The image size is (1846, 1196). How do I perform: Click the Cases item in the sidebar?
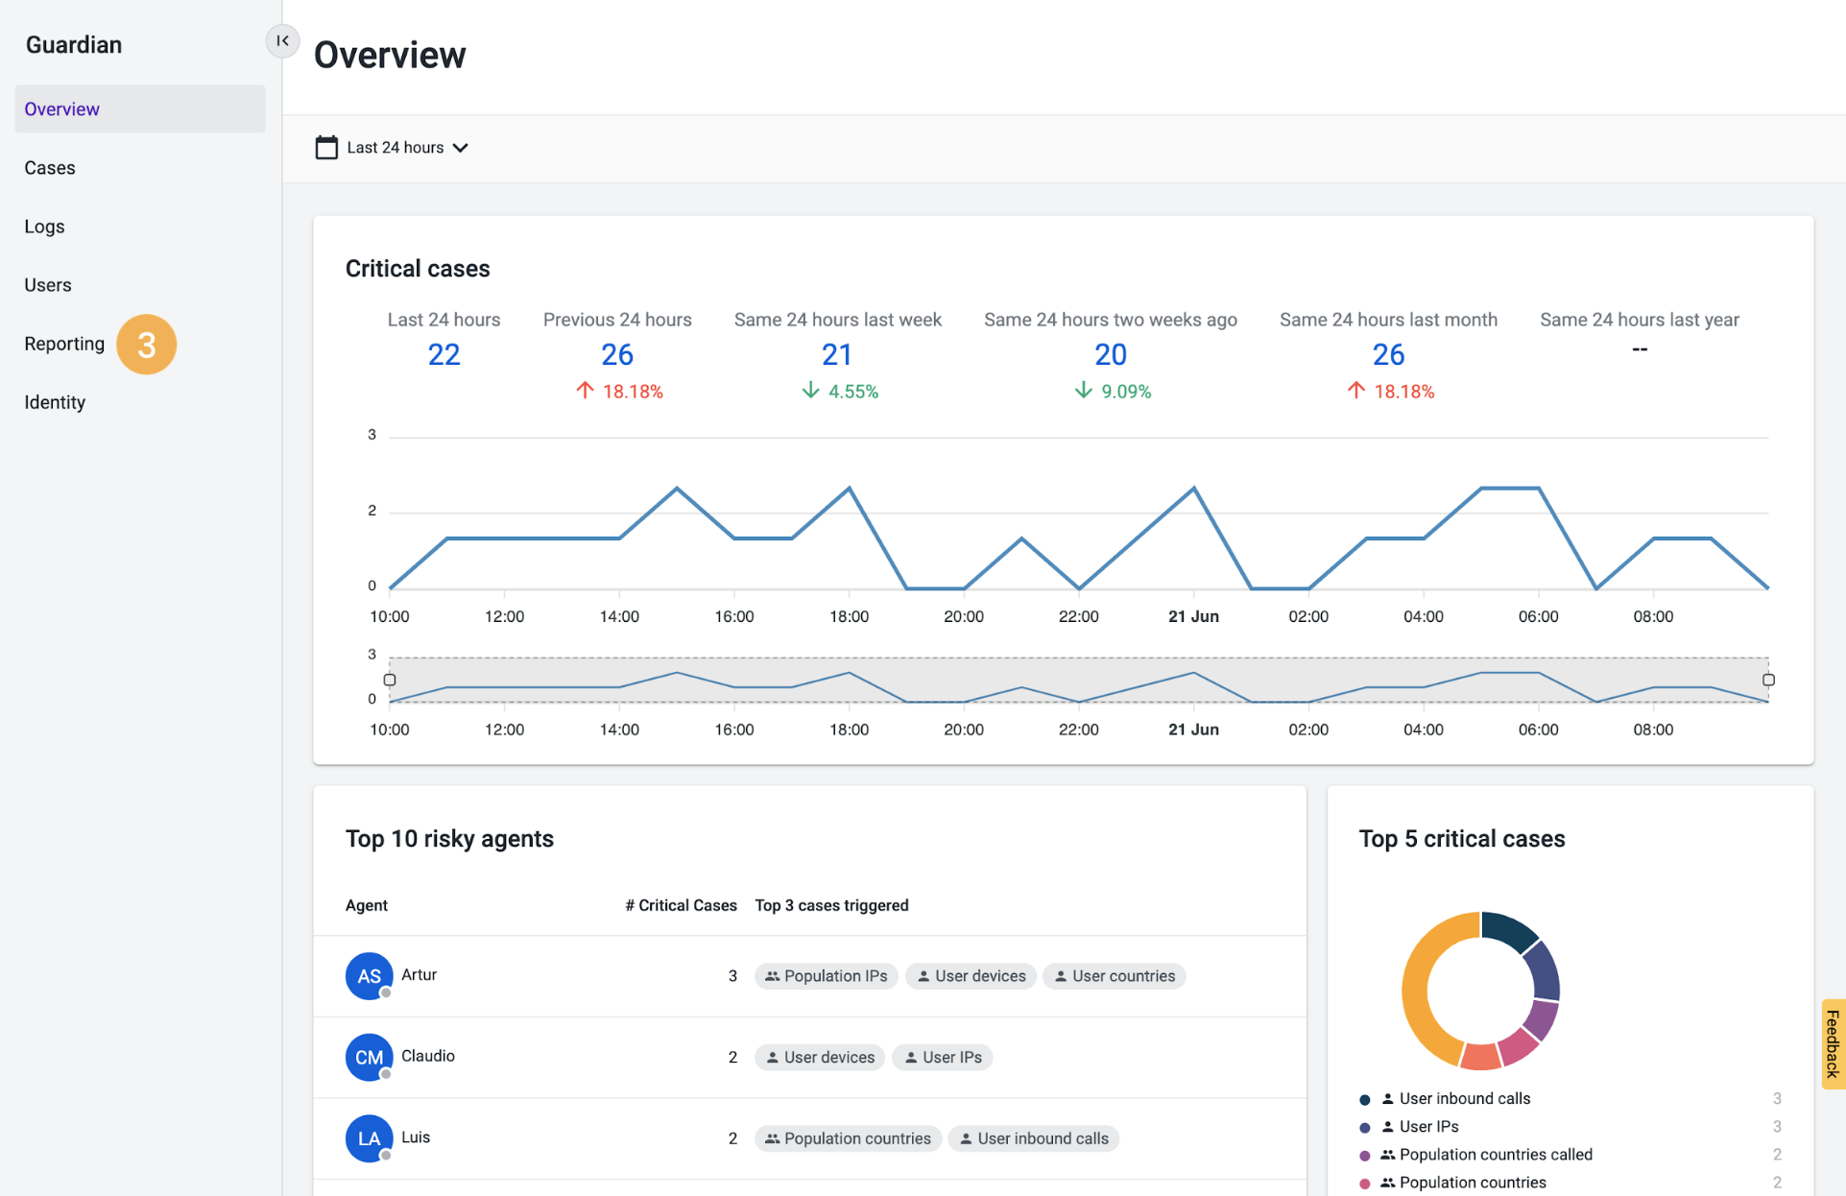pyautogui.click(x=50, y=168)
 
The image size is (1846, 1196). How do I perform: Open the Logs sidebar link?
pyautogui.click(x=44, y=227)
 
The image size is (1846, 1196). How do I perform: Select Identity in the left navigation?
pyautogui.click(x=55, y=402)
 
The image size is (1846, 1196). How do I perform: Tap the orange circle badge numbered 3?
pyautogui.click(x=146, y=345)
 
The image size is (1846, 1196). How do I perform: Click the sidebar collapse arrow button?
pyautogui.click(x=282, y=40)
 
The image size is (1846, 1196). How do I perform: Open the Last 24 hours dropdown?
pyautogui.click(x=407, y=148)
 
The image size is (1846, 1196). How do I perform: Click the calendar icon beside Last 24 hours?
pyautogui.click(x=326, y=148)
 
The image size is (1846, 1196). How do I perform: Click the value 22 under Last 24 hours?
pyautogui.click(x=444, y=355)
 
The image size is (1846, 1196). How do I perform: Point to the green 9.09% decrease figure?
pyautogui.click(x=1113, y=392)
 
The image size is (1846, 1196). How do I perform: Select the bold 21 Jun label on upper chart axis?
pyautogui.click(x=1193, y=616)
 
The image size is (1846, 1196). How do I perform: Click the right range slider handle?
pyautogui.click(x=1768, y=680)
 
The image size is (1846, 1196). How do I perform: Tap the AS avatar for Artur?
pyautogui.click(x=369, y=976)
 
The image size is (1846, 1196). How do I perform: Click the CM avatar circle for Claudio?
pyautogui.click(x=369, y=1057)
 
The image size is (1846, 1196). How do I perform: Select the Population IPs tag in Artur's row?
pyautogui.click(x=826, y=976)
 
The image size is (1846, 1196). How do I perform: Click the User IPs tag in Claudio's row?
pyautogui.click(x=942, y=1057)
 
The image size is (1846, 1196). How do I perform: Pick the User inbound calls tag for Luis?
pyautogui.click(x=1033, y=1138)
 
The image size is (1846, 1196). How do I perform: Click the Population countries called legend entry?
pyautogui.click(x=1495, y=1155)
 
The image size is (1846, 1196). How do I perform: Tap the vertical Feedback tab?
pyautogui.click(x=1832, y=1043)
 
